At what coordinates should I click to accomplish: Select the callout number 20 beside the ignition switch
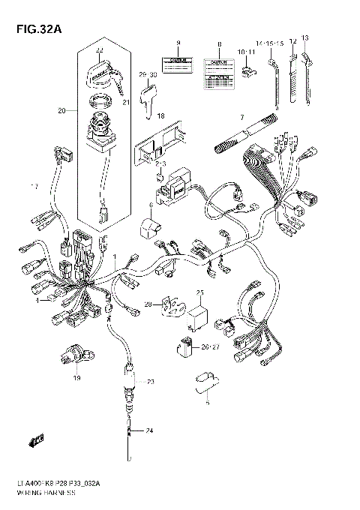(62, 111)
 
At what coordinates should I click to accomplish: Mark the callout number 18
(160, 116)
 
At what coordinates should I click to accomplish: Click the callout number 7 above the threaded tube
(241, 118)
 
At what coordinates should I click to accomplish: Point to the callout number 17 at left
(32, 185)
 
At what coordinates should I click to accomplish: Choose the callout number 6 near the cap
(150, 205)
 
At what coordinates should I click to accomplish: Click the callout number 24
(148, 430)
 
